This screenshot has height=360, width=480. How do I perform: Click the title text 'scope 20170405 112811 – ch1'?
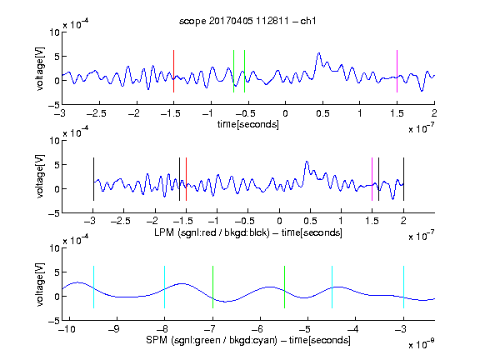(x=247, y=21)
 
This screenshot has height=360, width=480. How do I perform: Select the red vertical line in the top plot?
(x=174, y=71)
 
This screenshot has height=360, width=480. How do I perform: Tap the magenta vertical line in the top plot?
(x=397, y=71)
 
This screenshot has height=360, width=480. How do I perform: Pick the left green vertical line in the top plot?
(x=234, y=71)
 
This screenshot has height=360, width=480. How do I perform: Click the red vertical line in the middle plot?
(x=186, y=179)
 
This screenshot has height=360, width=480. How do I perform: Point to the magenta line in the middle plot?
(x=372, y=179)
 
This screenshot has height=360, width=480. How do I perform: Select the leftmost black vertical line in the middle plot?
(x=93, y=179)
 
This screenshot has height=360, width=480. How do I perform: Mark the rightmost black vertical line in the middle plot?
(x=404, y=179)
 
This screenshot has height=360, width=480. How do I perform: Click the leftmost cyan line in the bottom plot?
(x=93, y=287)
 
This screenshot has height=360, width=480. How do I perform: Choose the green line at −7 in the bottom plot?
(x=213, y=287)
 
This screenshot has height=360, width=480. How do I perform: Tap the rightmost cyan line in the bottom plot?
(x=404, y=287)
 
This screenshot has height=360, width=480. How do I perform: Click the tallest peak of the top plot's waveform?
(x=319, y=53)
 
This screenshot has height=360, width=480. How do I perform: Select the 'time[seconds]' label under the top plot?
(x=248, y=124)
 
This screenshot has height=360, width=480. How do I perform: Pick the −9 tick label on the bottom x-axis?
(x=113, y=329)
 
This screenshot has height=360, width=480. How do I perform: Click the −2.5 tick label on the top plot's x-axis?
(x=97, y=113)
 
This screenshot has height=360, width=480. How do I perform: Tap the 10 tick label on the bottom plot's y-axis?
(x=54, y=248)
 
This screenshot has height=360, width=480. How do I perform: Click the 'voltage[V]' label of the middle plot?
(x=40, y=177)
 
